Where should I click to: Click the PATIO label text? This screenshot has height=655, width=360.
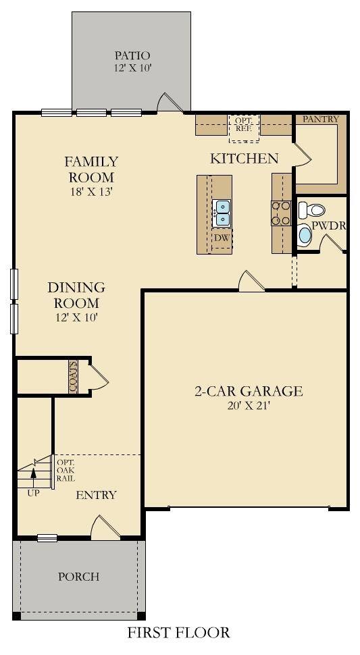(x=132, y=55)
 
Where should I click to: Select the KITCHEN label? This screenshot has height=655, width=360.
(x=244, y=159)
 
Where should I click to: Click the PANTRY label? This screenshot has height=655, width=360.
(x=320, y=120)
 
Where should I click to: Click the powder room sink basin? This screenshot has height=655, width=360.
(x=305, y=235)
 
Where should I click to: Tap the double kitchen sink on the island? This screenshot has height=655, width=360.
(x=222, y=212)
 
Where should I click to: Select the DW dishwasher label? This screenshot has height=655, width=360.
(x=222, y=238)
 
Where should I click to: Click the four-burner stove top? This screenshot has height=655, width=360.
(x=280, y=213)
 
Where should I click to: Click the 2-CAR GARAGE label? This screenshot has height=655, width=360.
(x=249, y=391)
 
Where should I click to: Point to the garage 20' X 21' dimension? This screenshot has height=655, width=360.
(x=249, y=406)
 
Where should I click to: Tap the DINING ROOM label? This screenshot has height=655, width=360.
(x=76, y=295)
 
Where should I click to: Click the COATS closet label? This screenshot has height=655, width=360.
(x=73, y=376)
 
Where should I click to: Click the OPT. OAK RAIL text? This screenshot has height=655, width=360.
(x=66, y=470)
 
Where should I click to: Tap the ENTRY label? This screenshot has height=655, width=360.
(x=96, y=495)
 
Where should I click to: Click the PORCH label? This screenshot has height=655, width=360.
(x=78, y=577)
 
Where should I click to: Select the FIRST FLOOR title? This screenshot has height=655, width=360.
(x=179, y=633)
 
